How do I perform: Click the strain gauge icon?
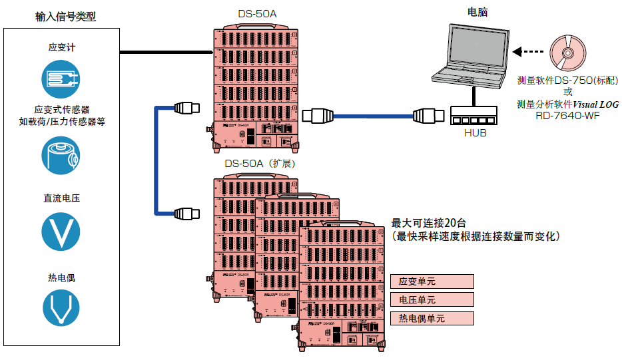(x=61, y=80)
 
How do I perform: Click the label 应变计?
(x=62, y=47)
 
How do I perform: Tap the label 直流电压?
(x=62, y=198)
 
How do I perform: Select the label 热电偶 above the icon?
(x=62, y=277)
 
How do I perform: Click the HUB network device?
(x=474, y=116)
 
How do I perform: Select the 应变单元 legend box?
(x=432, y=281)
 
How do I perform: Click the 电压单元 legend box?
(x=432, y=299)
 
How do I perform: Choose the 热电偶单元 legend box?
(x=432, y=318)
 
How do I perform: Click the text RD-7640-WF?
(x=567, y=114)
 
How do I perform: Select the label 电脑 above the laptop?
(x=479, y=12)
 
